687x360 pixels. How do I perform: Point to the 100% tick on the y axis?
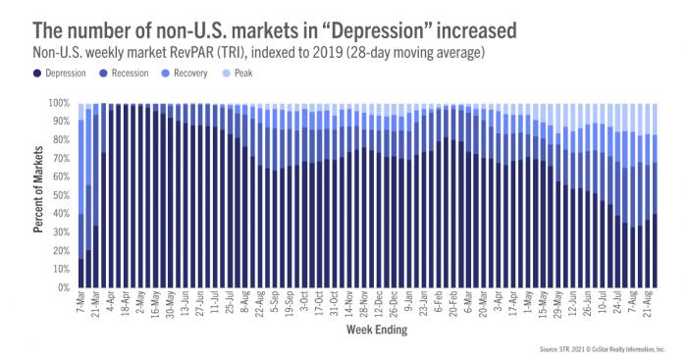point(60,103)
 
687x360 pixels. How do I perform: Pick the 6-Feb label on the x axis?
point(436,306)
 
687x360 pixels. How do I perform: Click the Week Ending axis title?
point(370,331)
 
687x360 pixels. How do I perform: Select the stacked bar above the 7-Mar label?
point(80,196)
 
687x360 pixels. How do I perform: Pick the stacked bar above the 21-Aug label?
point(649,196)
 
